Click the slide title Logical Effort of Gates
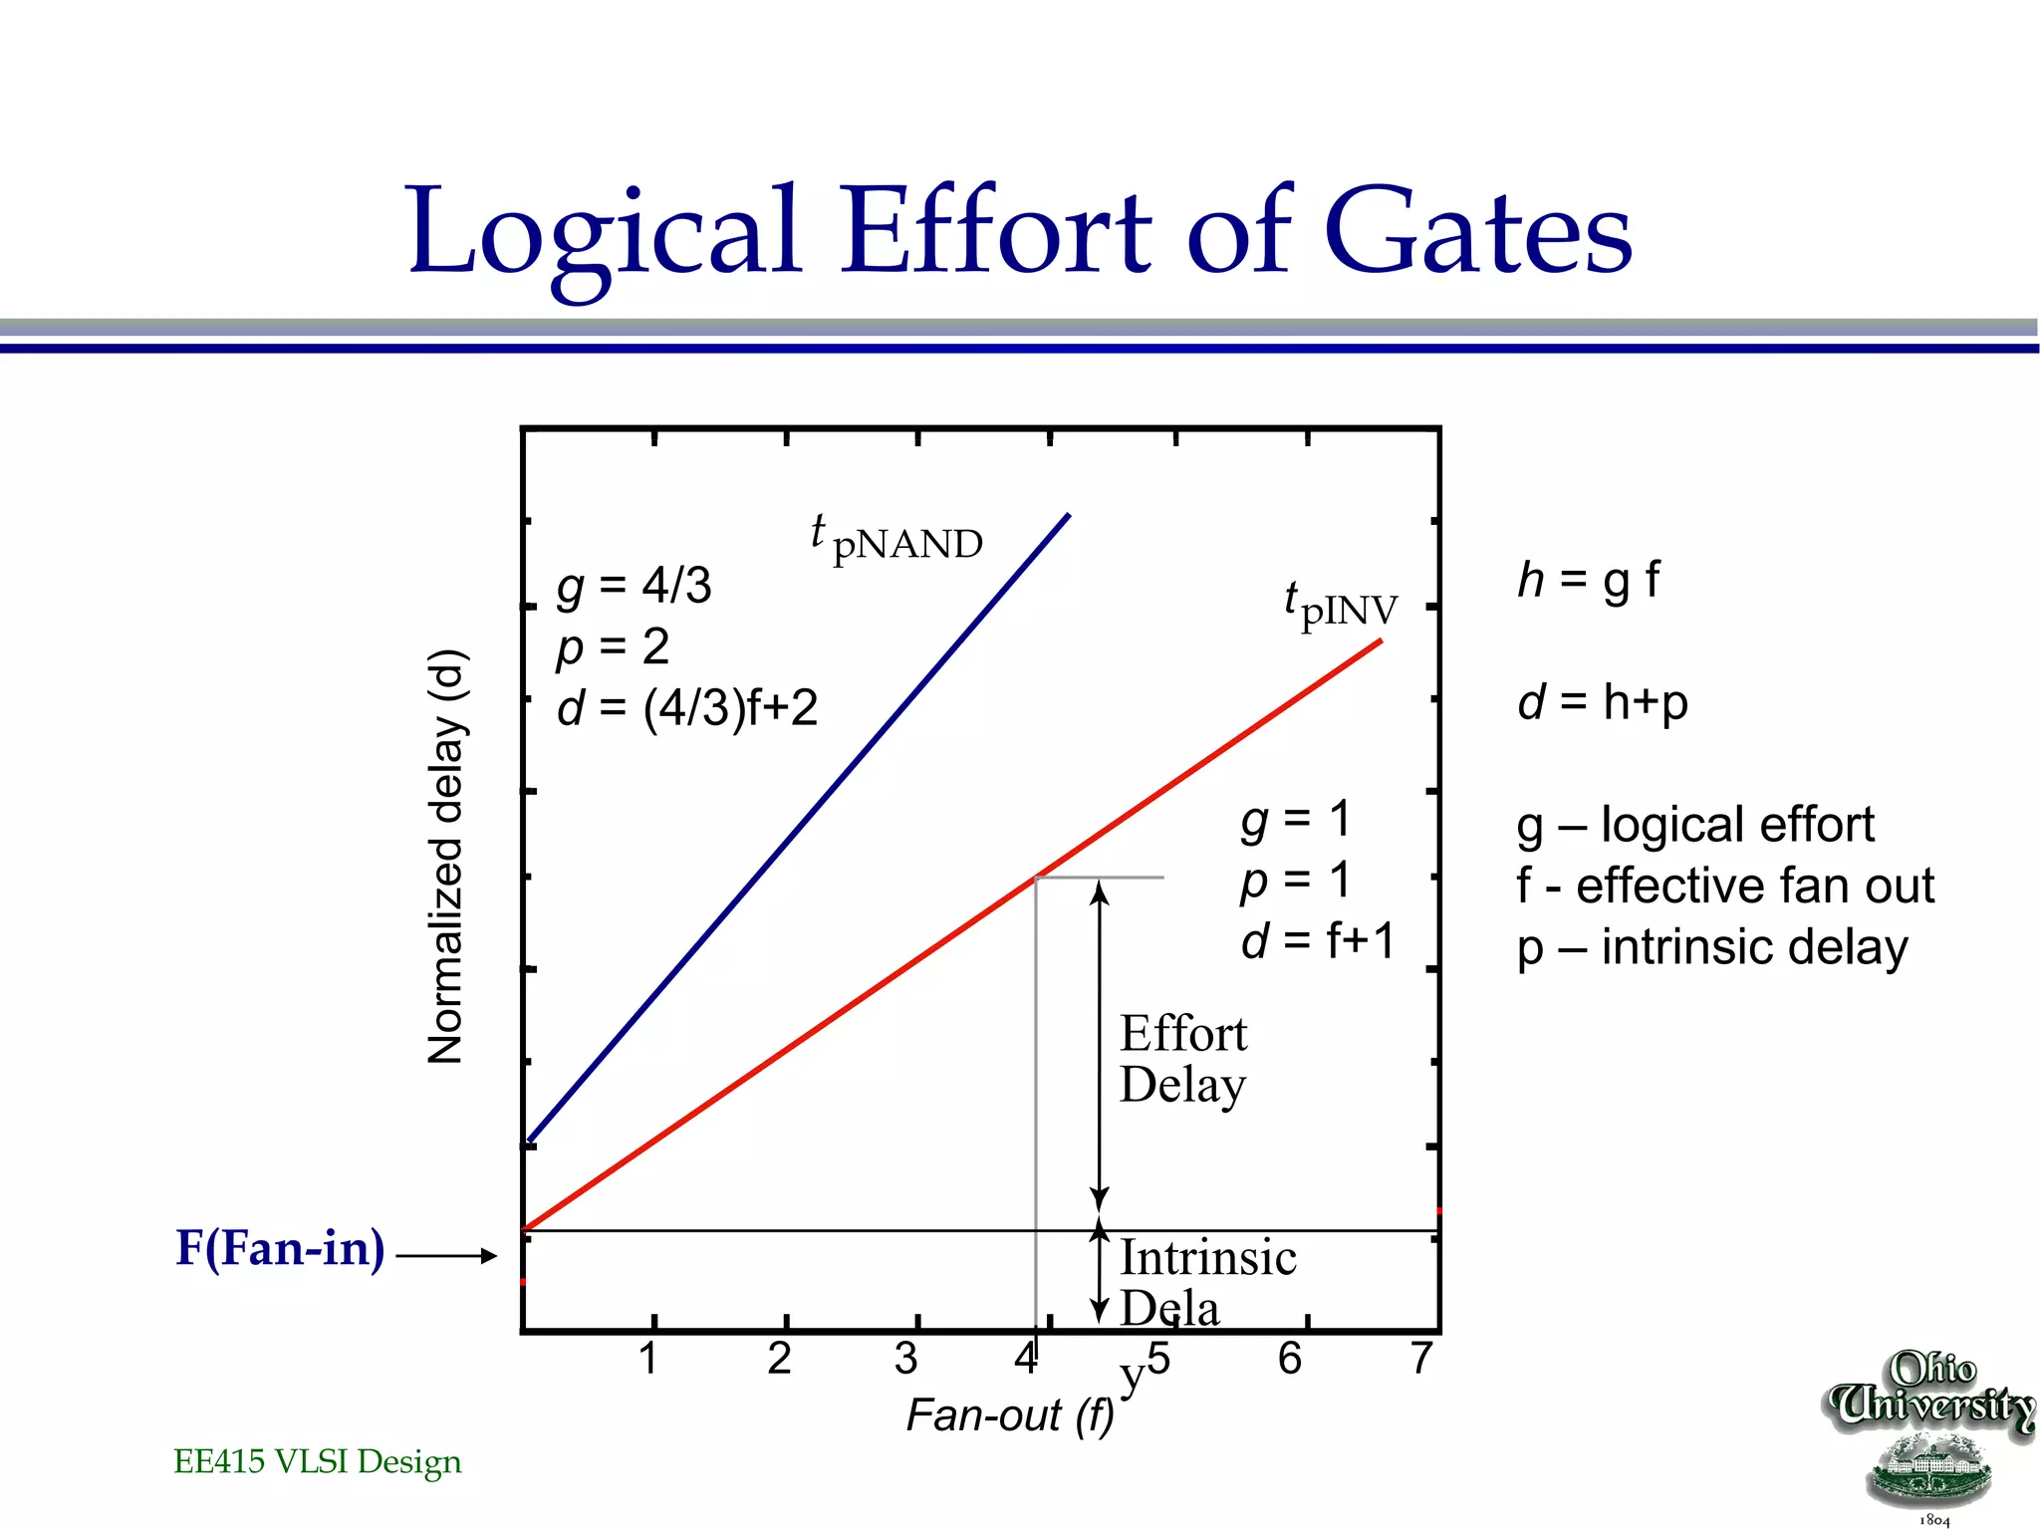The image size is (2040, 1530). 1020,231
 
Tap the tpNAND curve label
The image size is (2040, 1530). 896,540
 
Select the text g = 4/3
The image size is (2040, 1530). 635,586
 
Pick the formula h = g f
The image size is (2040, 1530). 1588,580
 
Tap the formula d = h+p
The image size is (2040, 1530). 1602,702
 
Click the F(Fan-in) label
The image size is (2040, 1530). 280,1248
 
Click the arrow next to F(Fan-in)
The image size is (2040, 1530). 446,1256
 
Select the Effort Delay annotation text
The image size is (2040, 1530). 1182,1059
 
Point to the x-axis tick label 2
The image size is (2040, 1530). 779,1359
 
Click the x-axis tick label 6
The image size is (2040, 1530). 1290,1359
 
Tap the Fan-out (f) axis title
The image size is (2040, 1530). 1009,1415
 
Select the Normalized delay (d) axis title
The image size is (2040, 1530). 445,857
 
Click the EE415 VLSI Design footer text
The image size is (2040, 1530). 318,1461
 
